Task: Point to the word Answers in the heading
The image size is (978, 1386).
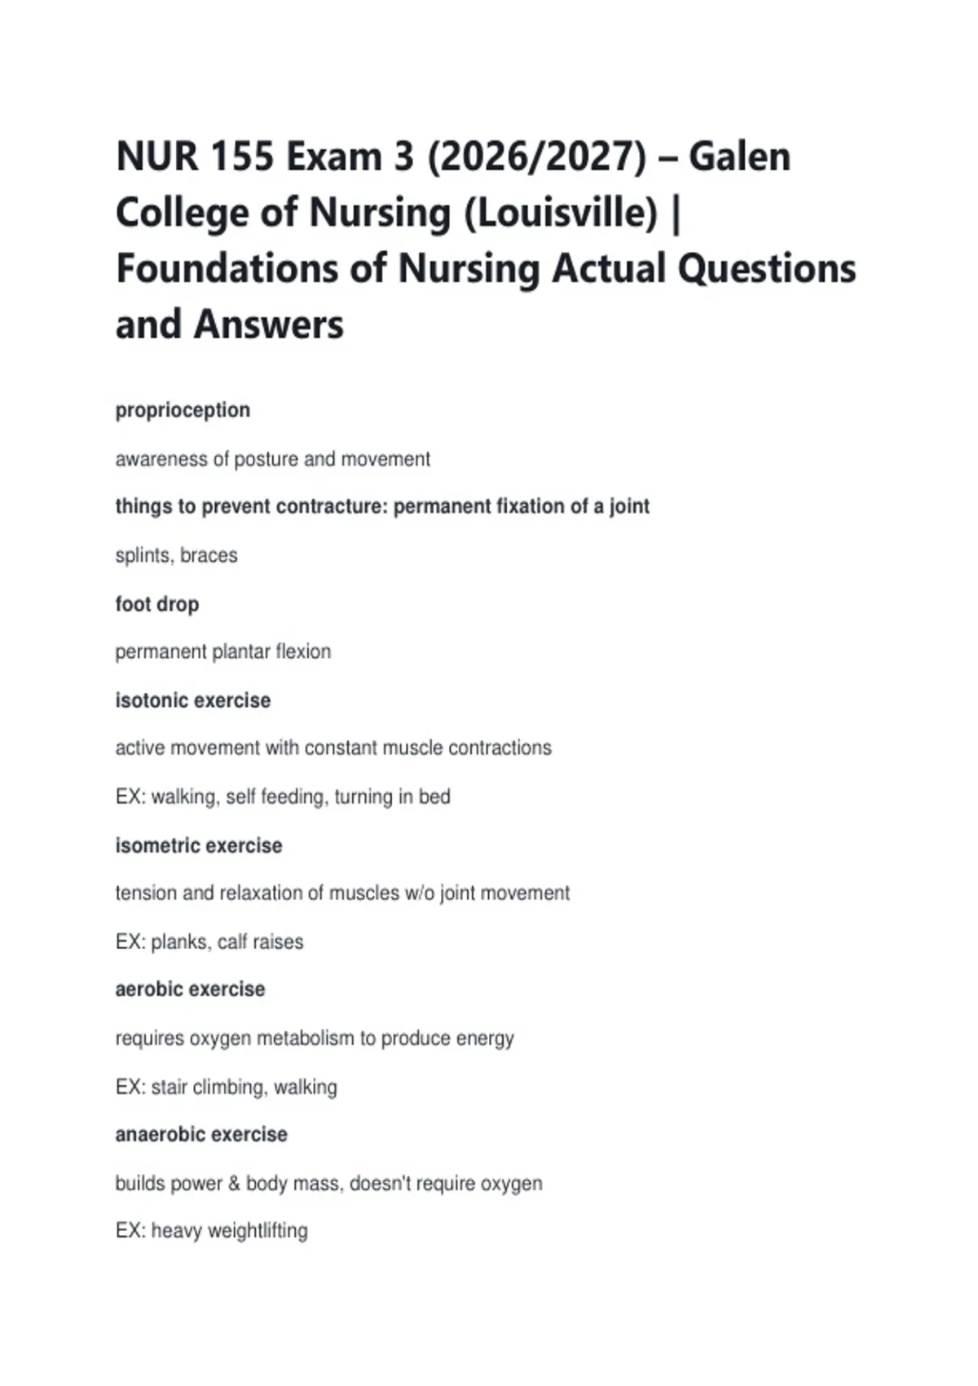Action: point(268,324)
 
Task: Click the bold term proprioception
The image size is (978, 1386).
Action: point(183,410)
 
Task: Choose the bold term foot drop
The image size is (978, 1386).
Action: point(157,604)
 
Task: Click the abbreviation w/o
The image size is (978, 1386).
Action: point(420,893)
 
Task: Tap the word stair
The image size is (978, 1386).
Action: point(169,1087)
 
